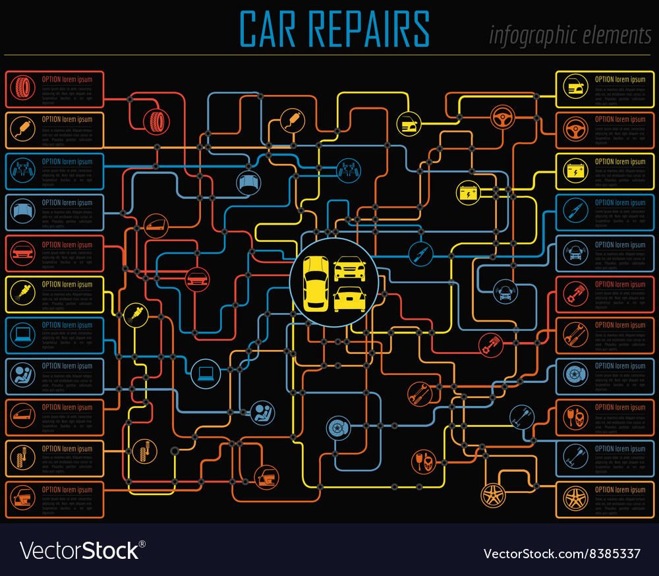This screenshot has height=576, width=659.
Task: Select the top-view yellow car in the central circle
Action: pos(316,281)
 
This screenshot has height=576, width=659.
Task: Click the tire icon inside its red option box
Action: pos(24,89)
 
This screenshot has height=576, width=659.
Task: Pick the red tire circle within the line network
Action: pos(157,120)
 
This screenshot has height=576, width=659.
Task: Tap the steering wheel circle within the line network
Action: pos(503,119)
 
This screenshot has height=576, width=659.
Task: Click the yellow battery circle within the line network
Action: pos(469,193)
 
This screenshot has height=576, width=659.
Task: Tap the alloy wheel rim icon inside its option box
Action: pos(575,500)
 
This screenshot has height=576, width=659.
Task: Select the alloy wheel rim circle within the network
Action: pos(492,496)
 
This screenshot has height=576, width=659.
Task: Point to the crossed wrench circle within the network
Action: pos(419,393)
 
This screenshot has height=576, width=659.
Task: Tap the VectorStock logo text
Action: pos(83,550)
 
